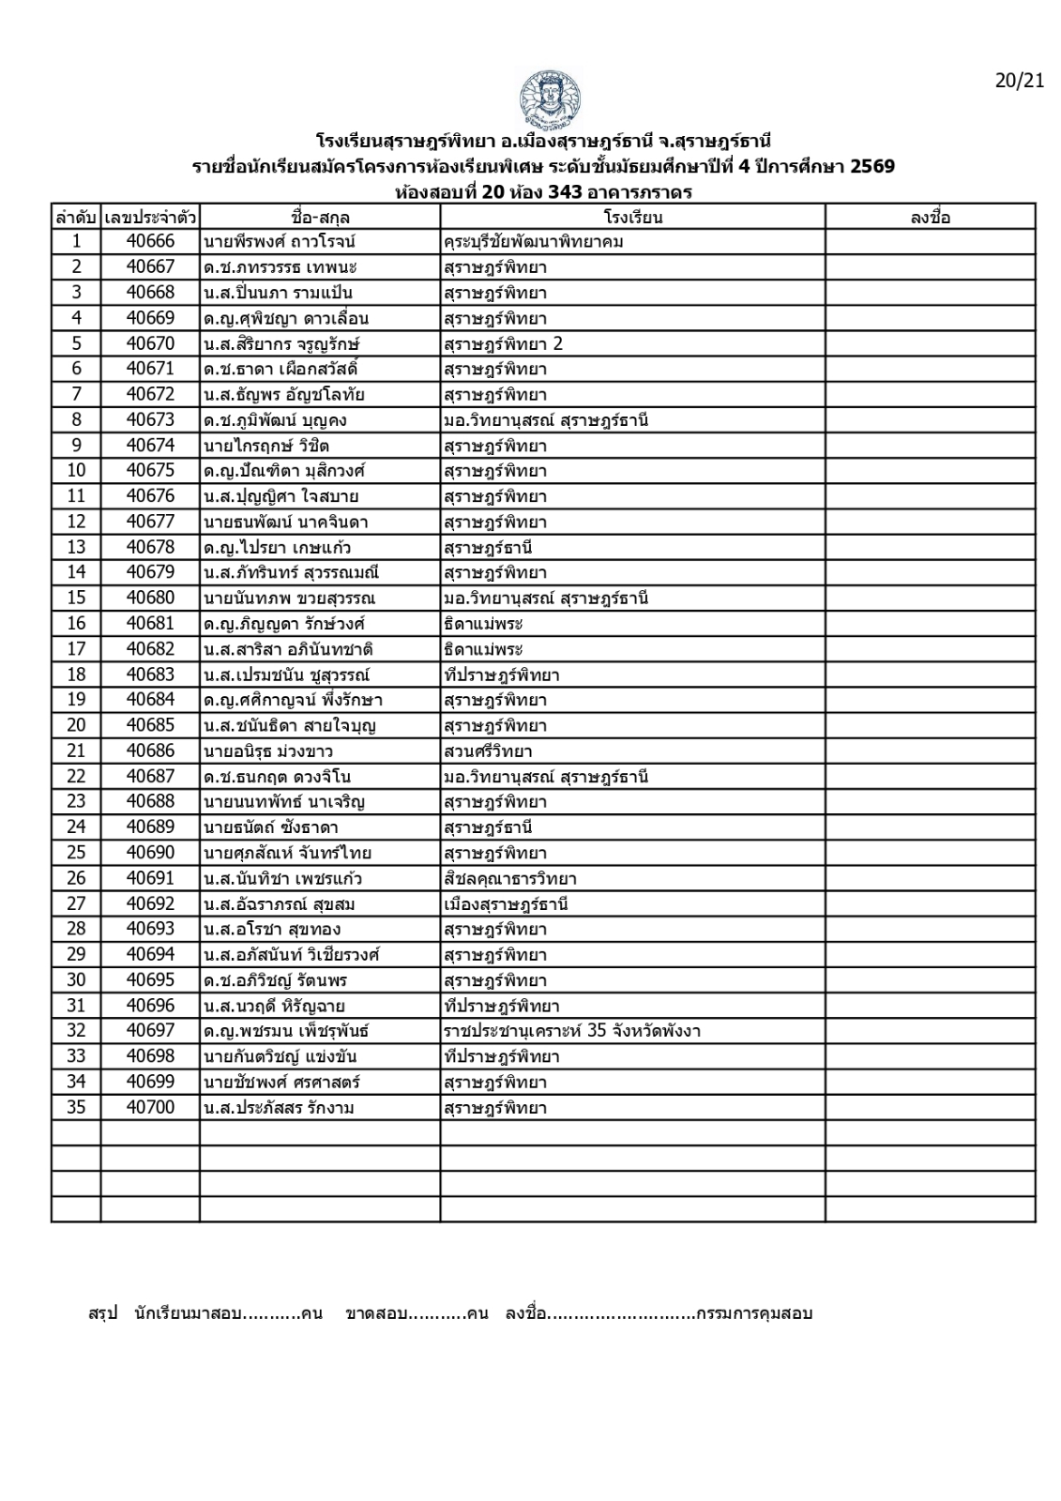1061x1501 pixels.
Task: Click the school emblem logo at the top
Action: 549,99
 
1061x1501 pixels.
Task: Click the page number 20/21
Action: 1019,81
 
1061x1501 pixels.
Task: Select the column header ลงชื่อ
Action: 930,218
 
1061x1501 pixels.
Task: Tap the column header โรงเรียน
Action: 633,218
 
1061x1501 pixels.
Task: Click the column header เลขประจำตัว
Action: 150,218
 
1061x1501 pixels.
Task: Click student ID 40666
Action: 150,242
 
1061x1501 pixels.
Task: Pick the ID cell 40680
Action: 150,599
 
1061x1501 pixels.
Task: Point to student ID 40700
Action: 150,1108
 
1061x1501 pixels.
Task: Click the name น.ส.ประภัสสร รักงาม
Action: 279,1108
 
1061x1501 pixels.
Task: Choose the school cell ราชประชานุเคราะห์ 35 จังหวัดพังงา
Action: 572,1032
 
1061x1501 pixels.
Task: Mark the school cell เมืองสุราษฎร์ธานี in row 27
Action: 507,904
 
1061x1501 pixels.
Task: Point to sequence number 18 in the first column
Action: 76,675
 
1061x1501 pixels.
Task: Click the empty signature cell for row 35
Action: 930,1108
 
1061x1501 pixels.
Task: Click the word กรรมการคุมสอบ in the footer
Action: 754,1313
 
